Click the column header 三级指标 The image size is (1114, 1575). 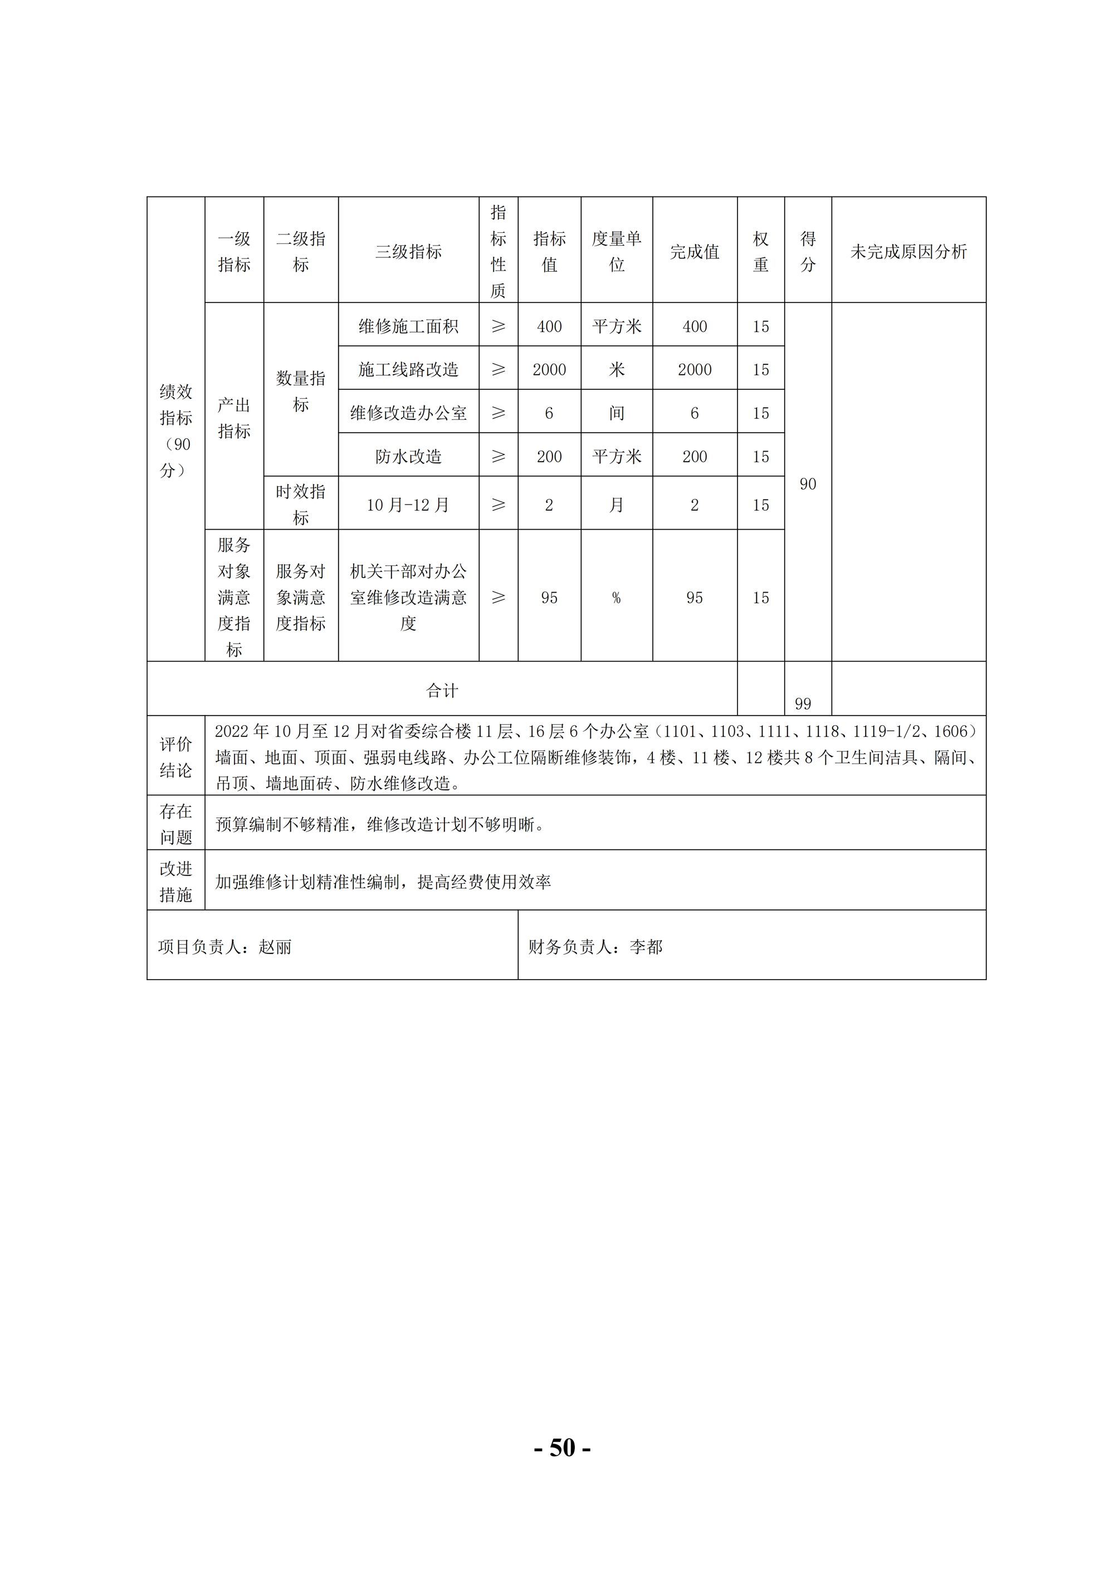tap(408, 252)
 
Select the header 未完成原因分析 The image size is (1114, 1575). tap(908, 252)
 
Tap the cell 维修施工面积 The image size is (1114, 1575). tap(408, 326)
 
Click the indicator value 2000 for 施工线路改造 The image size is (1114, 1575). tap(549, 370)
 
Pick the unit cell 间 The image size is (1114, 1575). tap(616, 413)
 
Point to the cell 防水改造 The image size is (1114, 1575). tap(408, 456)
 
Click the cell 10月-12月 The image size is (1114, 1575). tap(408, 506)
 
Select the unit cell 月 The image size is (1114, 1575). tap(616, 506)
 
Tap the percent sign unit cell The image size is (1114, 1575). tap(616, 598)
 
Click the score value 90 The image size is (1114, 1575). tap(808, 485)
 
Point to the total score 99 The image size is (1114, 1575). tap(803, 704)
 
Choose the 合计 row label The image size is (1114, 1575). tap(442, 691)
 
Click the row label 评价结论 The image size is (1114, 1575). tap(175, 757)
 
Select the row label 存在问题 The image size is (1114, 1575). tap(175, 824)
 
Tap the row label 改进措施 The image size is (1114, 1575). tap(175, 882)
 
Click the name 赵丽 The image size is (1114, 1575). tap(275, 947)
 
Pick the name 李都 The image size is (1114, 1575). tap(646, 947)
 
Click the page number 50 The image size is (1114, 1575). tap(563, 1447)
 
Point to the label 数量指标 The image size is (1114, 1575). tap(300, 391)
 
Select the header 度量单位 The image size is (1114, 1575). tap(616, 252)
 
